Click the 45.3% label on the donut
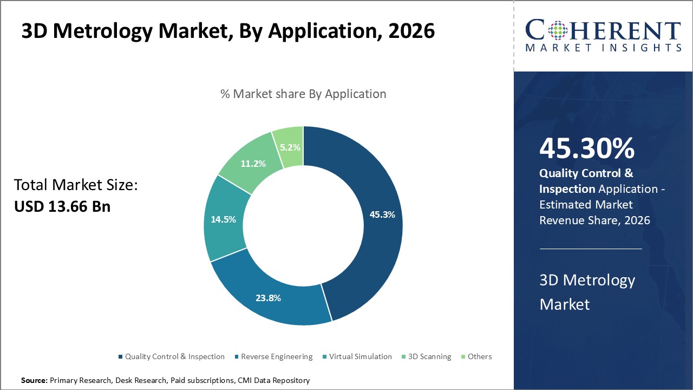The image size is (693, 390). pos(382,214)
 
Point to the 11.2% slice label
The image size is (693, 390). pos(252,163)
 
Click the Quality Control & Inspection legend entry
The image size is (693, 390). pos(174,356)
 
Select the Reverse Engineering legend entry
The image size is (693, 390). pos(277,356)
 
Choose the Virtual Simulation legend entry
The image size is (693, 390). pos(360,356)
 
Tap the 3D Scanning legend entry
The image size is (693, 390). pos(429,356)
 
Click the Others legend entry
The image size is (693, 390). pos(480,356)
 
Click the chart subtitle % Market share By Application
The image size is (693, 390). pos(303,94)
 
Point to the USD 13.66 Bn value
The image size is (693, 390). pos(62,206)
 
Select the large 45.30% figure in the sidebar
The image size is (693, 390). pos(587,148)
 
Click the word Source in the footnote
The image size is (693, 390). pos(34,381)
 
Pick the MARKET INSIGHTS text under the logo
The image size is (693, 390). pos(603,48)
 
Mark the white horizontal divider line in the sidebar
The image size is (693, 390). pos(591,249)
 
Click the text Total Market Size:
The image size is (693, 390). pos(76,185)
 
